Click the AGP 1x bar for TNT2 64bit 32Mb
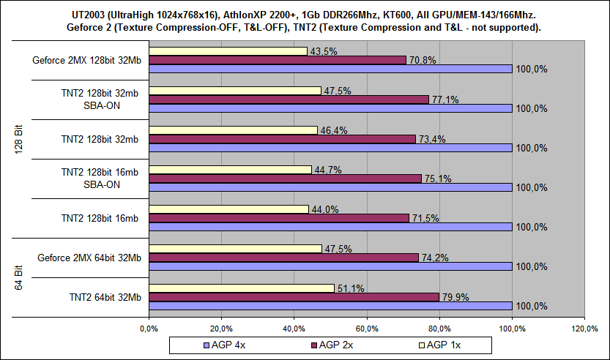coord(241,288)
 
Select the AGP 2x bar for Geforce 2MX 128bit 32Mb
coord(277,60)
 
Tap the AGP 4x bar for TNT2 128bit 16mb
coord(330,227)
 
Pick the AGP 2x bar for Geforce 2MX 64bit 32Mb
coord(283,258)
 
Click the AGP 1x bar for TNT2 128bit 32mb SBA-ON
coord(234,91)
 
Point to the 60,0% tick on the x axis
coord(366,327)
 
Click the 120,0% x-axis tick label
coord(584,327)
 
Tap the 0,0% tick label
coord(149,327)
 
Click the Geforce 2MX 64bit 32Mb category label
coord(89,258)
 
